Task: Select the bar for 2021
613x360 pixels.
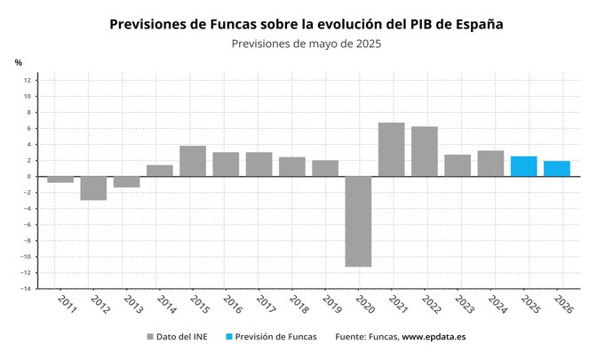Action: point(391,149)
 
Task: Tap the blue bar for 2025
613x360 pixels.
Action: point(523,166)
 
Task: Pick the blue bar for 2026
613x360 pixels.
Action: point(556,169)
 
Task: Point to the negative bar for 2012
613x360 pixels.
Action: point(93,188)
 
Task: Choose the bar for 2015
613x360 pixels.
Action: point(193,161)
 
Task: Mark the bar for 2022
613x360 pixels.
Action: point(424,151)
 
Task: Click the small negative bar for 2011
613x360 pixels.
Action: point(60,179)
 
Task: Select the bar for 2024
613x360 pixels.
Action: point(490,164)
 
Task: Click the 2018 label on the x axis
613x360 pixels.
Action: point(295,306)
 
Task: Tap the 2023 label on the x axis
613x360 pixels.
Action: point(460,306)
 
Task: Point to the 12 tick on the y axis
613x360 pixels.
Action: point(28,80)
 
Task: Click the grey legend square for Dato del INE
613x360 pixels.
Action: point(148,338)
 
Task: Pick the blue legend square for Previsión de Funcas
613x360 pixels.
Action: point(229,338)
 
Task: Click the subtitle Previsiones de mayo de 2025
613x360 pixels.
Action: point(306,44)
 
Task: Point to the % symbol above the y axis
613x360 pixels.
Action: point(18,62)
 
